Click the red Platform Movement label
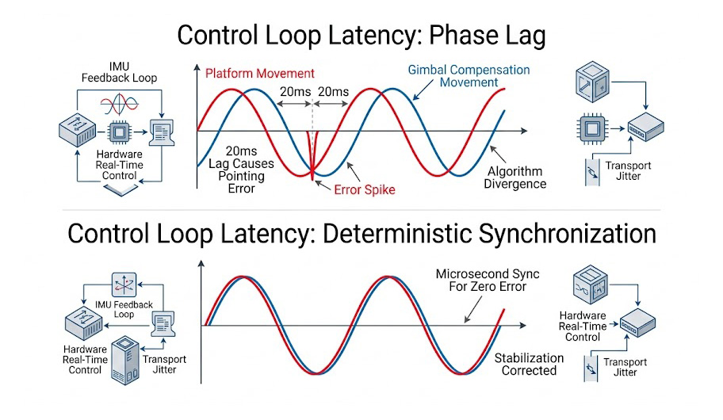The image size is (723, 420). click(x=259, y=74)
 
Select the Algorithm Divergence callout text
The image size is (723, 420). click(x=516, y=178)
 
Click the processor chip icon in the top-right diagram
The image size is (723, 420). click(x=587, y=127)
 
